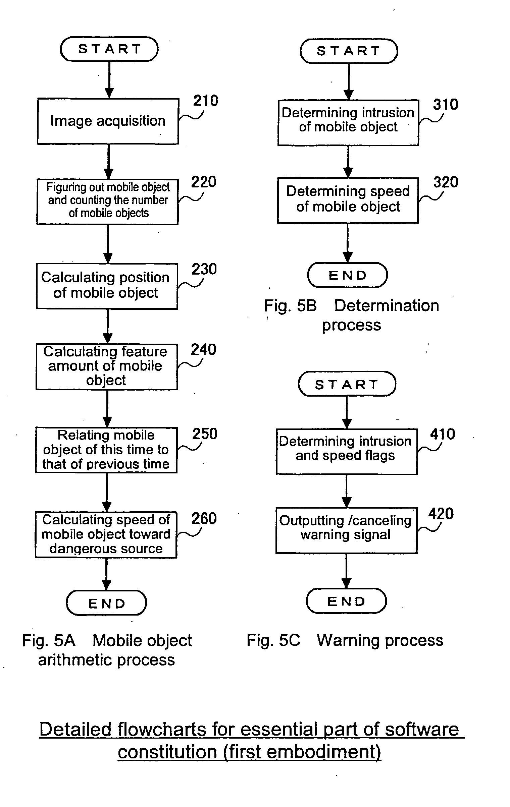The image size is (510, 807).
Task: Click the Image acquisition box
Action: click(108, 121)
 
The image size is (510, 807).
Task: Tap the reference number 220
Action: click(204, 182)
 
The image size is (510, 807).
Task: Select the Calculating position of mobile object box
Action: click(107, 286)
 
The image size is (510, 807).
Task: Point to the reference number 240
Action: click(203, 350)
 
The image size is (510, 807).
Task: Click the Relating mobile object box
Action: click(106, 450)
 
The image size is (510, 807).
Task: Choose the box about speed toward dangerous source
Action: click(106, 534)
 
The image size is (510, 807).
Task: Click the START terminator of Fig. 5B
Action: click(349, 51)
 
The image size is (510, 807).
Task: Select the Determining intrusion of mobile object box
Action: click(348, 122)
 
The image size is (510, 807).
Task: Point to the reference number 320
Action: click(446, 182)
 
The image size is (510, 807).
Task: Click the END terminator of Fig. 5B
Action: click(347, 275)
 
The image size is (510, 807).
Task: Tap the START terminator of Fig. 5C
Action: click(347, 384)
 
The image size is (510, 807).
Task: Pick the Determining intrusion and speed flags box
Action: click(346, 451)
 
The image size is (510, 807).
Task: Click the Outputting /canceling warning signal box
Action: click(346, 530)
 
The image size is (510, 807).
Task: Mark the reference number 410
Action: click(443, 435)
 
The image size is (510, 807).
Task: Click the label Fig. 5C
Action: click(273, 640)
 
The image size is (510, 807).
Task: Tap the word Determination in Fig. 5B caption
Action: click(387, 306)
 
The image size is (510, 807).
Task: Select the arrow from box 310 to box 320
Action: click(348, 162)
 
